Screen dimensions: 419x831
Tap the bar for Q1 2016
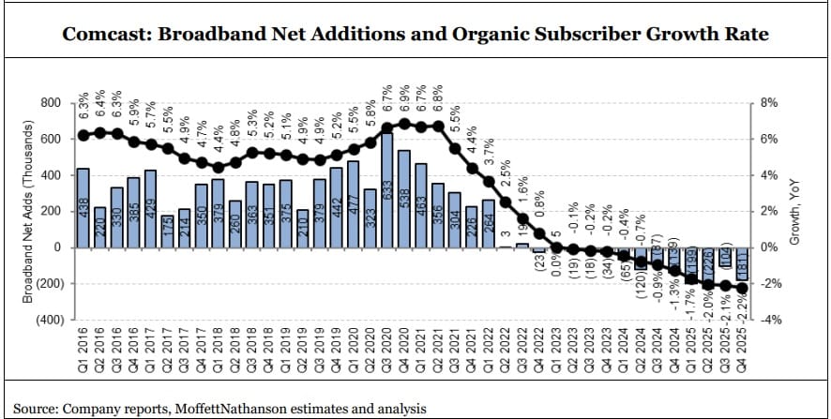tap(83, 207)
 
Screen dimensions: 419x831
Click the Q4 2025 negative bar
tap(741, 263)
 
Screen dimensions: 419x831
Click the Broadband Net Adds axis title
tap(27, 211)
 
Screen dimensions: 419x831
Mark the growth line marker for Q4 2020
tap(404, 123)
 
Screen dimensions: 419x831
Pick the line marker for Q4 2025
tap(741, 288)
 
